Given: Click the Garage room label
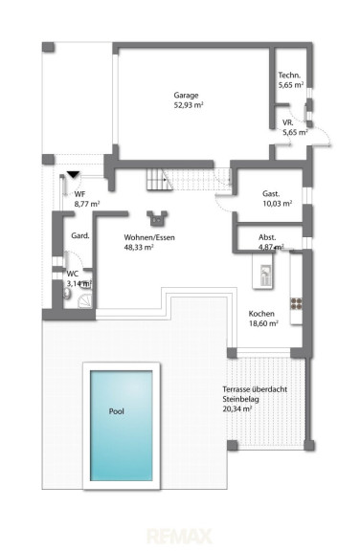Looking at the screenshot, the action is click(x=186, y=96).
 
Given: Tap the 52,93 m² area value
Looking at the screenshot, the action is click(x=189, y=104).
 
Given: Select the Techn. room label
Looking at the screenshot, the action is click(x=289, y=75).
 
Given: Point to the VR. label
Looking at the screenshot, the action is click(x=288, y=122).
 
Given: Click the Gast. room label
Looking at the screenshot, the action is click(x=271, y=193).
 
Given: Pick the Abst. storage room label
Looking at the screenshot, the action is click(x=267, y=237).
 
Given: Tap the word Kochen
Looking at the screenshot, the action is click(x=261, y=314).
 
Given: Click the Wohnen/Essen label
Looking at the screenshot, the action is click(x=149, y=237).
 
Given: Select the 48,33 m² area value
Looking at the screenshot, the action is click(x=139, y=247).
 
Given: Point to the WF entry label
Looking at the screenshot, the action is click(x=79, y=194).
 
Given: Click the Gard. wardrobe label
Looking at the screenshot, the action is click(x=80, y=235).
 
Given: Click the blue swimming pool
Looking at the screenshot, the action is click(x=122, y=426).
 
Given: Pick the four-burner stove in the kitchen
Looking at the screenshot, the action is click(x=296, y=303).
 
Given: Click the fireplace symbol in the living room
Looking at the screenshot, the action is click(x=157, y=218).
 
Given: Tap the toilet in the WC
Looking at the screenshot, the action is click(x=67, y=294).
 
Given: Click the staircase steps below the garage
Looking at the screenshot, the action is click(x=189, y=179).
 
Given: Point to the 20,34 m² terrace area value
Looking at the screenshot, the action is click(x=236, y=408).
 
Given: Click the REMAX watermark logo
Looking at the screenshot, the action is click(x=179, y=536).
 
